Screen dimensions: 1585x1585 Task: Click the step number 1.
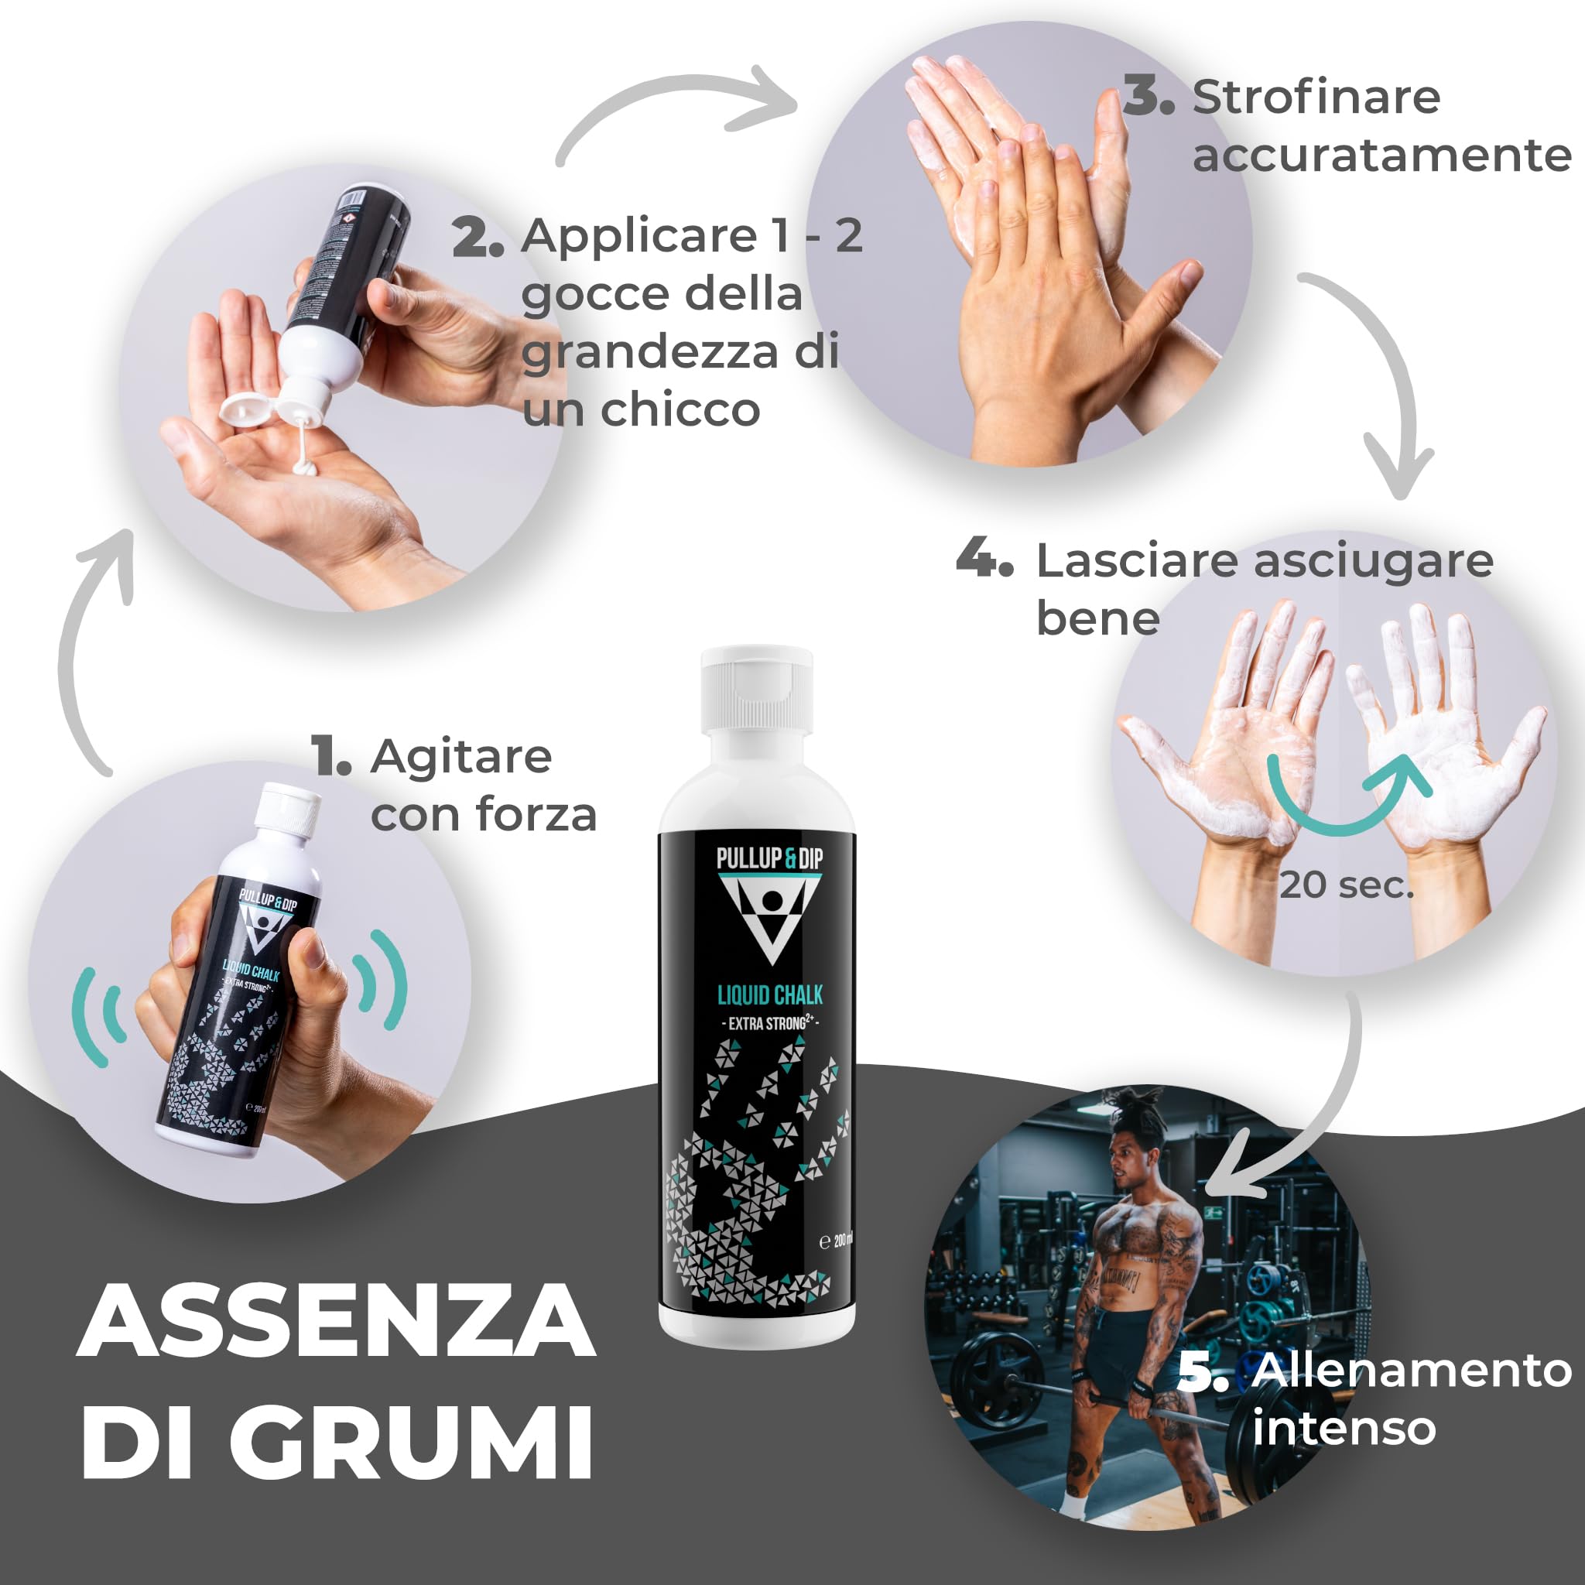331,756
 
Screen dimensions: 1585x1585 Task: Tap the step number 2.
478,238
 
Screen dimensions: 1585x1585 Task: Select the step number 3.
1148,98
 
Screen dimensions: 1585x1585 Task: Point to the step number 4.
984,560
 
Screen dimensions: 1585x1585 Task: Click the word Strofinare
1316,98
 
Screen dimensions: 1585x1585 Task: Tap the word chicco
680,409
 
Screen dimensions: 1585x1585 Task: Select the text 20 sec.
1347,885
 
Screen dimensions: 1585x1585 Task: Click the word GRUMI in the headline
410,1443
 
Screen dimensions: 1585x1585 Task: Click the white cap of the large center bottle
756,689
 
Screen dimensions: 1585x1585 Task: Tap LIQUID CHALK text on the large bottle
769,995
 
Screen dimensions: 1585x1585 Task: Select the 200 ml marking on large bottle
837,1241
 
